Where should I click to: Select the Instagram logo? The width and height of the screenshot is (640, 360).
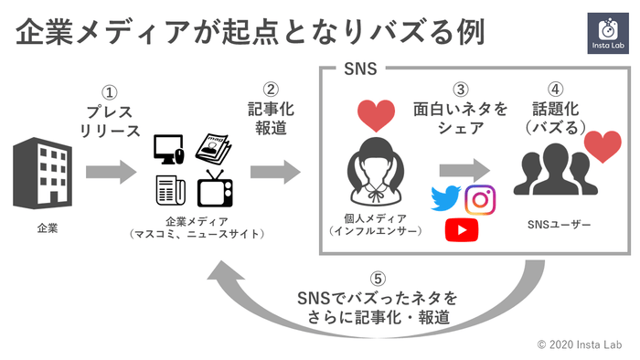coord(480,198)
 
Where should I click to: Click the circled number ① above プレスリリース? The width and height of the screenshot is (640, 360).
coord(110,93)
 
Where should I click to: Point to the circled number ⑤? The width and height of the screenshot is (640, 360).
coord(377,279)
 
